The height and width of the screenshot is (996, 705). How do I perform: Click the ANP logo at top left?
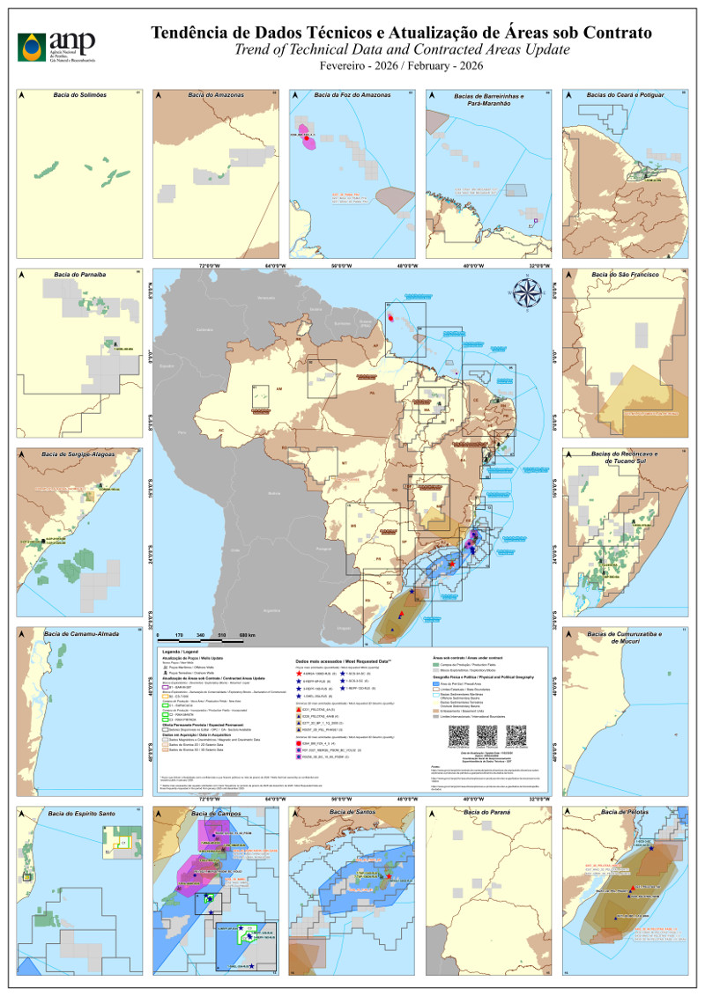(x=55, y=44)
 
